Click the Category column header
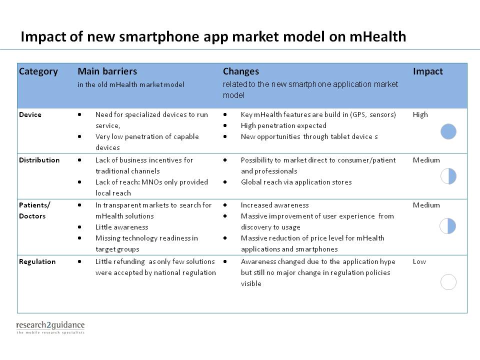point(38,71)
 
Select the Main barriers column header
point(107,71)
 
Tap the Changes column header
point(241,71)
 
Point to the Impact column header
point(427,71)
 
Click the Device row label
point(30,115)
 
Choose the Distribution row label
point(39,160)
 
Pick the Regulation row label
point(37,261)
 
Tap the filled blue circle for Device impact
point(448,131)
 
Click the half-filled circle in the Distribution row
point(452,176)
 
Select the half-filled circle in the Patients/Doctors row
point(451,226)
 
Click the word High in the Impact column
point(420,115)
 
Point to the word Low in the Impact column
point(419,261)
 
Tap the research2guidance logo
point(50,327)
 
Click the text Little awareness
point(122,227)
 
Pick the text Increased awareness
point(274,205)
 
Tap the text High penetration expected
point(283,126)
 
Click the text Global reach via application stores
point(296,182)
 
